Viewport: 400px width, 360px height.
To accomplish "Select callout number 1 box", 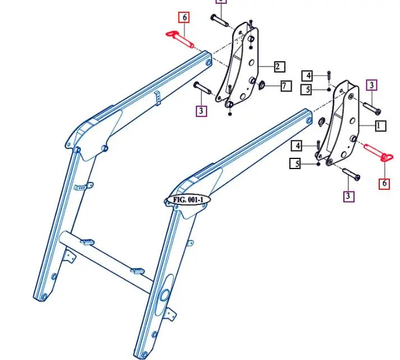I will coord(380,126).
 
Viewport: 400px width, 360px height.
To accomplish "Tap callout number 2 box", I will coord(279,67).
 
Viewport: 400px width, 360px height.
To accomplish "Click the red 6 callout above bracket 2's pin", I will coord(183,17).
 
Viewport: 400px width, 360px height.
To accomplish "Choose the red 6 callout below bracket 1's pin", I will coord(384,183).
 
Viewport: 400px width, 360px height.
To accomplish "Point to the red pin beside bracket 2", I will coord(179,39).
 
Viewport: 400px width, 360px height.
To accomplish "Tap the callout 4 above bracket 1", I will coord(307,75).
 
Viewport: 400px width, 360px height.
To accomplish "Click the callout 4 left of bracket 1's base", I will coord(297,146).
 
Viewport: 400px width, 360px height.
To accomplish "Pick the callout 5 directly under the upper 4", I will coord(307,89).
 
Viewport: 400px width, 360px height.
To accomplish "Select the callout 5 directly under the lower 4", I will coord(296,163).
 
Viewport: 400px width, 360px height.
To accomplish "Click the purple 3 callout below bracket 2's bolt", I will coord(201,111).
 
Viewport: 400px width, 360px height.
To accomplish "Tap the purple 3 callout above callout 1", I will coord(372,85).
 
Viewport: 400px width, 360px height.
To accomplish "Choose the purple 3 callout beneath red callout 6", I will coord(349,196).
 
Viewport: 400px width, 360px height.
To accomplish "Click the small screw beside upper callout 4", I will coord(328,75).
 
